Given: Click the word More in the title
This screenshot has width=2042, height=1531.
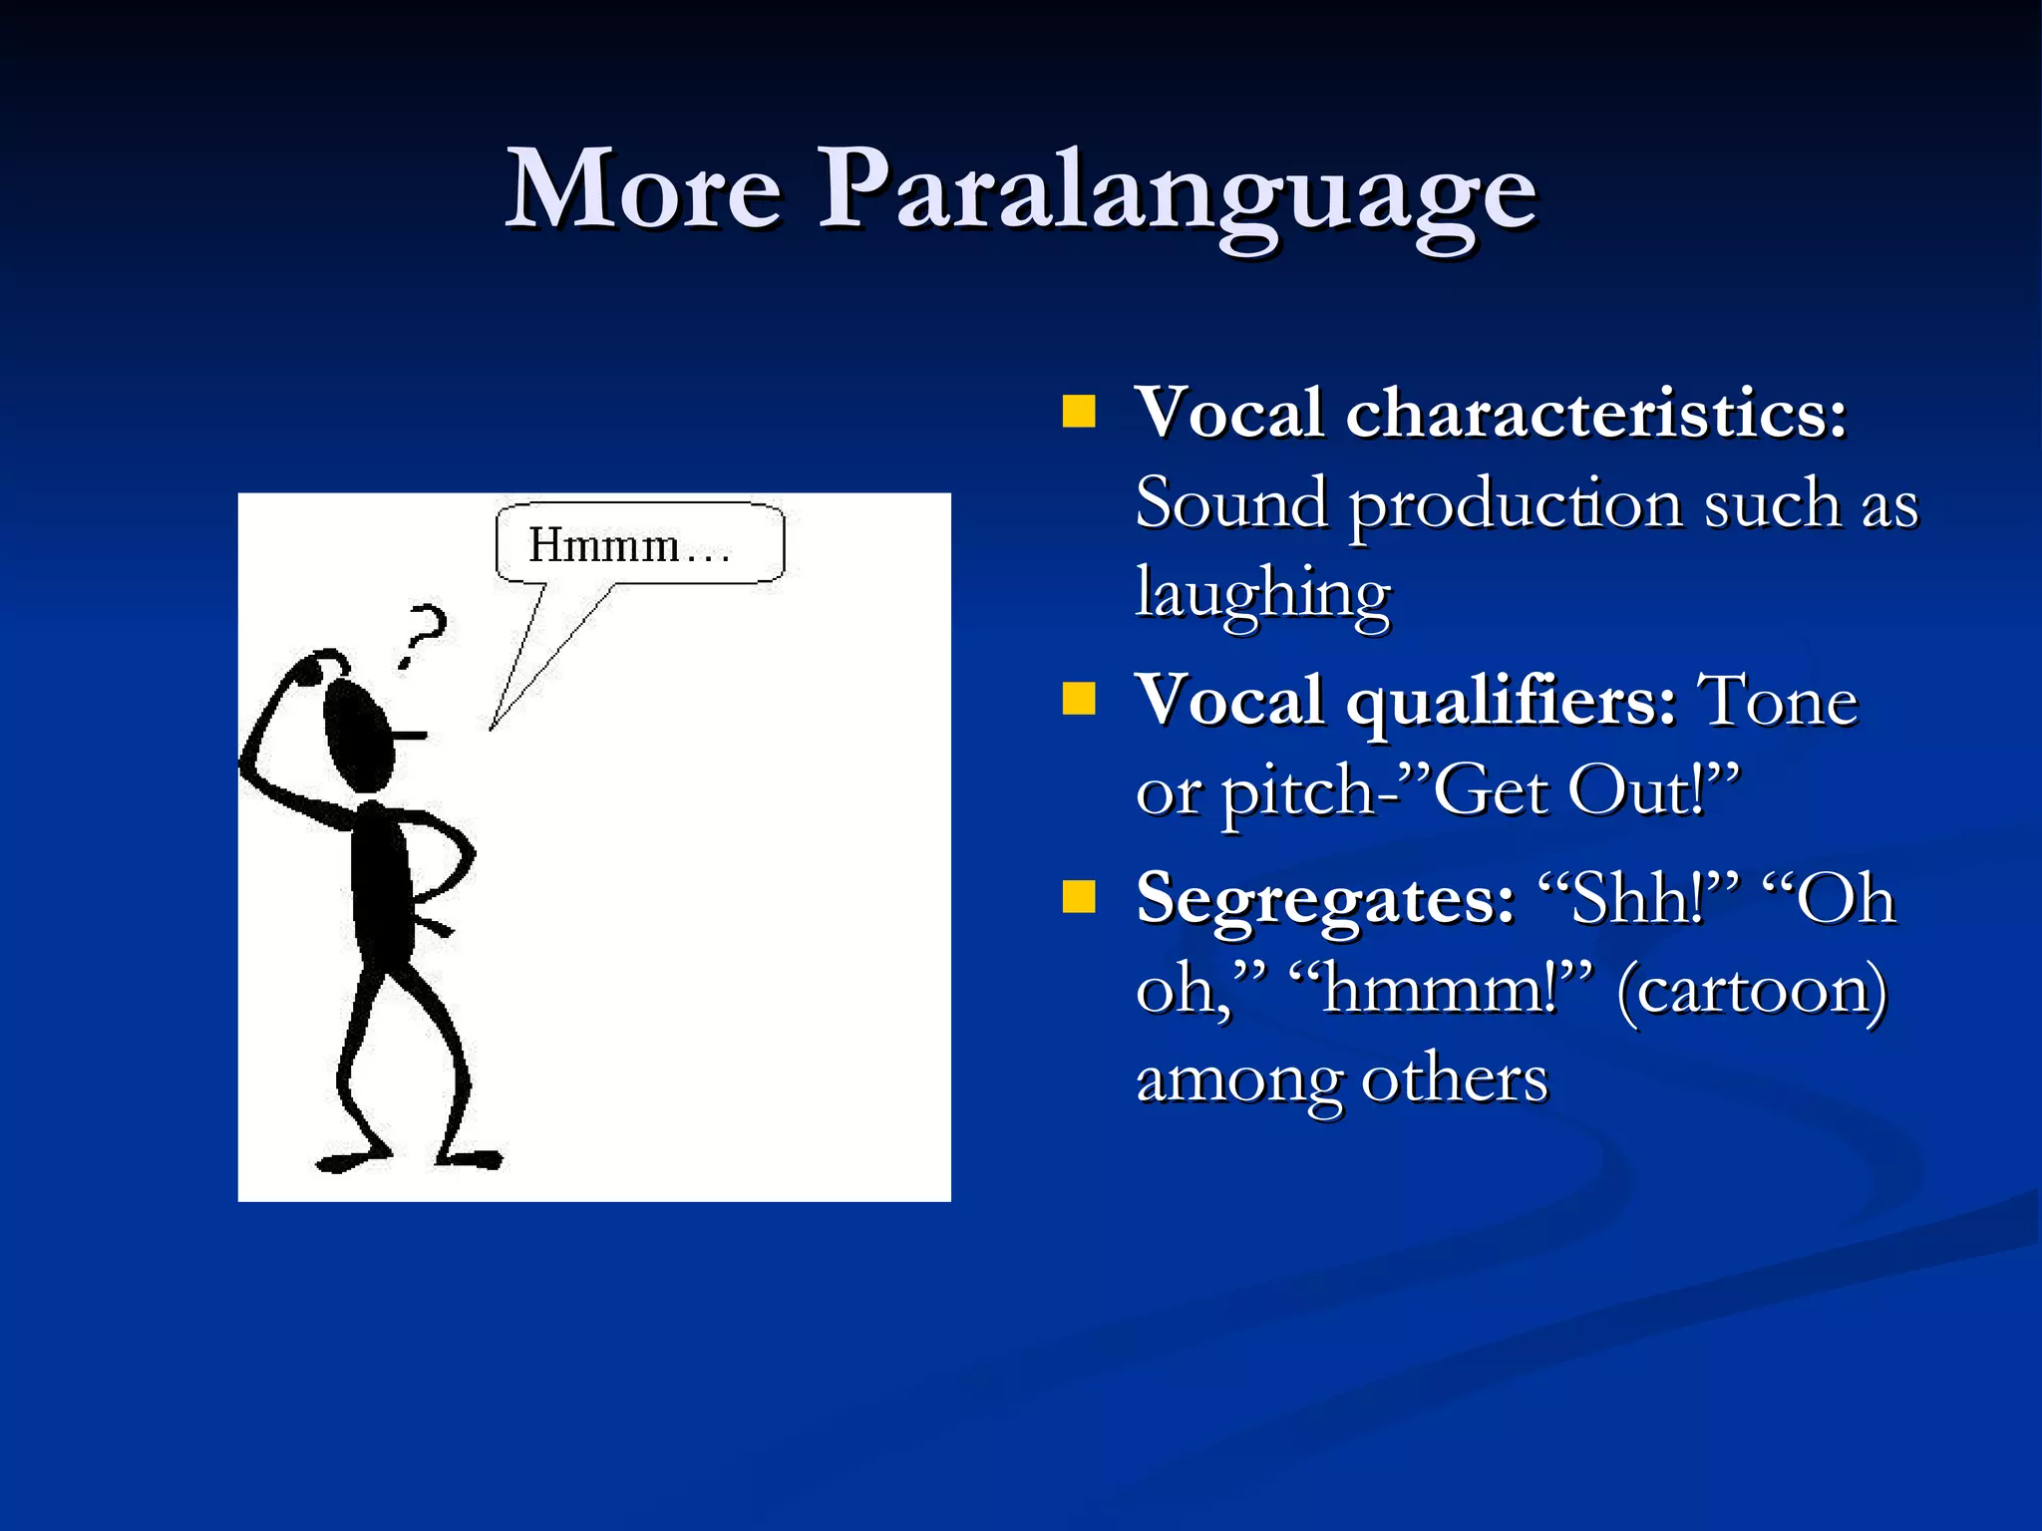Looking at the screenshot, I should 643,189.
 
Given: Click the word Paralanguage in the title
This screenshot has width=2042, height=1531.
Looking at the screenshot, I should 1177,194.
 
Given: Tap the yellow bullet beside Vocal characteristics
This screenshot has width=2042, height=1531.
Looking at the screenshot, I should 1078,411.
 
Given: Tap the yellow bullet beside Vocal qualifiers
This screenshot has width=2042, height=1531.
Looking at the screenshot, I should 1078,698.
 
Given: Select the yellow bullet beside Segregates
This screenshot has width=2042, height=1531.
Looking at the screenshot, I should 1078,896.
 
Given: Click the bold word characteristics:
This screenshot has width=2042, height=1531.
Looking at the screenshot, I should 1595,412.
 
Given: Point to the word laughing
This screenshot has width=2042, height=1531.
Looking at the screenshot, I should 1262,593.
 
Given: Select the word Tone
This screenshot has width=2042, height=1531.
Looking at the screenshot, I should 1777,701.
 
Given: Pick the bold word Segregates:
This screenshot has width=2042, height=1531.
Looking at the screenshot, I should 1325,900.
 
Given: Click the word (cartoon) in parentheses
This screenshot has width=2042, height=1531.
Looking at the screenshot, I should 1751,990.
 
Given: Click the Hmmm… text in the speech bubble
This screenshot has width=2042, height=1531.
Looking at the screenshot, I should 628,545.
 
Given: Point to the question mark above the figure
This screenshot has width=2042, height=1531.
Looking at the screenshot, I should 425,634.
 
